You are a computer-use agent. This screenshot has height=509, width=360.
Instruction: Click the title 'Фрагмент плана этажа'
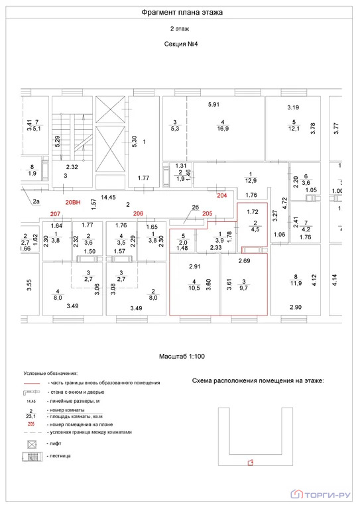[x=181, y=12]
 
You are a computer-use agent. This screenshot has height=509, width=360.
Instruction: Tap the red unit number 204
[x=222, y=195]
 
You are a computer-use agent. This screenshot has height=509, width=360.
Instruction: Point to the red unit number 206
[x=139, y=213]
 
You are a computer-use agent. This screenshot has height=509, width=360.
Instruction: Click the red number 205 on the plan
[x=208, y=213]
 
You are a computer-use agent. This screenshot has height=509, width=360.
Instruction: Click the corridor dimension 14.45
[x=108, y=197]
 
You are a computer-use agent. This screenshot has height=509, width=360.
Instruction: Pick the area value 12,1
[x=293, y=129]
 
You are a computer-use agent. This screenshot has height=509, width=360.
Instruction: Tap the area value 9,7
[x=244, y=288]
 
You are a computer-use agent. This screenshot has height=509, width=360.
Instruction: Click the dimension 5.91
[x=213, y=105]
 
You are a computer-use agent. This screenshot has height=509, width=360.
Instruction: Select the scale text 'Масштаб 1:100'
[x=180, y=356]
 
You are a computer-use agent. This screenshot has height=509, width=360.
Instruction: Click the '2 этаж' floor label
[x=180, y=30]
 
